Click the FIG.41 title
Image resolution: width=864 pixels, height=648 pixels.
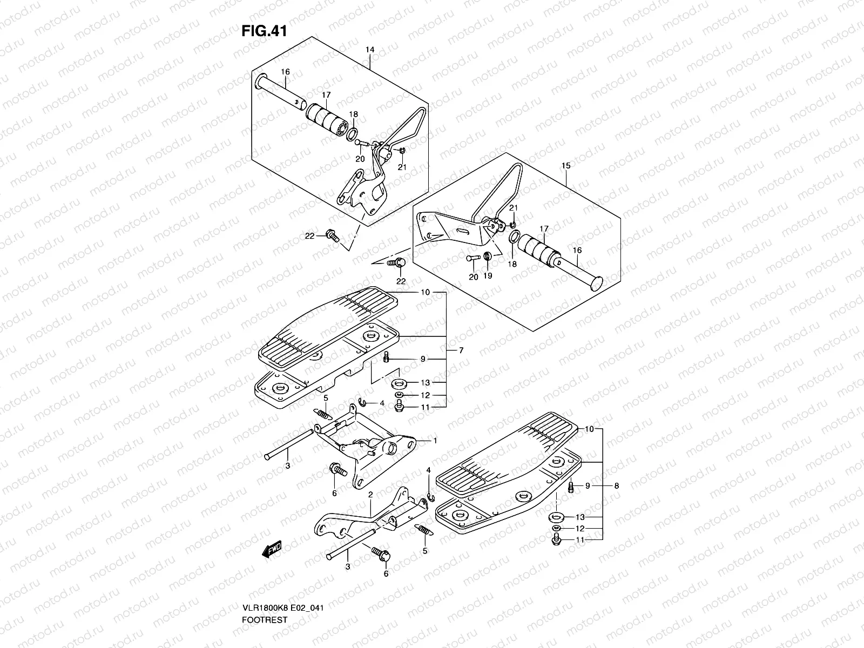(x=263, y=31)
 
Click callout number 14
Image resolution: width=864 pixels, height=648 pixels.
(x=369, y=50)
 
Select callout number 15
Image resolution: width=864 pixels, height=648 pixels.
(x=565, y=166)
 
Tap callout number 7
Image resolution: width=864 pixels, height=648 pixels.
(x=461, y=350)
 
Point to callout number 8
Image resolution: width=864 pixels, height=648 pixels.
(x=616, y=485)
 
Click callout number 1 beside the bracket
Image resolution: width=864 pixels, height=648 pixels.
(x=435, y=441)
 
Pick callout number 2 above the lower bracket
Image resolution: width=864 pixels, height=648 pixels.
(x=370, y=495)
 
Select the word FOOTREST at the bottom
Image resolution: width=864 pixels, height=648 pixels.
(x=265, y=590)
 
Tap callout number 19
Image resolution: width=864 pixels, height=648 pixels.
(x=487, y=276)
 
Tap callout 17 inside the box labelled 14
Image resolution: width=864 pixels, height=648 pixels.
(x=326, y=95)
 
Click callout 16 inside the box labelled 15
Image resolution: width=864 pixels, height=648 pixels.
(x=577, y=251)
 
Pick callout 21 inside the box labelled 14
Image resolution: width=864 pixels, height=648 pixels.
(x=402, y=167)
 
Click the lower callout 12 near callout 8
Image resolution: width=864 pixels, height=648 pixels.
(x=579, y=528)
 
